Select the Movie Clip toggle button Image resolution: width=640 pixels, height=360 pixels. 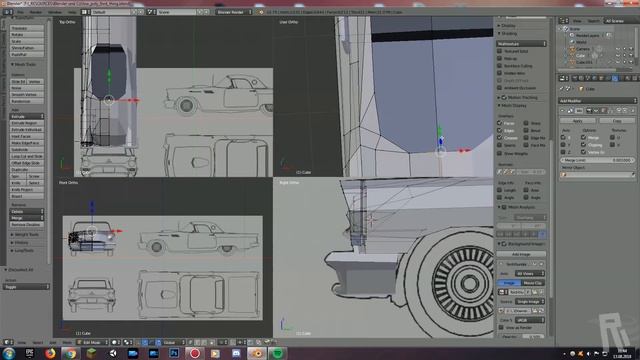click(x=532, y=283)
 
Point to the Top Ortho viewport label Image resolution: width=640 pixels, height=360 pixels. click(x=68, y=20)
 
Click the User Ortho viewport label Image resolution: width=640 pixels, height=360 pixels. click(x=289, y=20)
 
